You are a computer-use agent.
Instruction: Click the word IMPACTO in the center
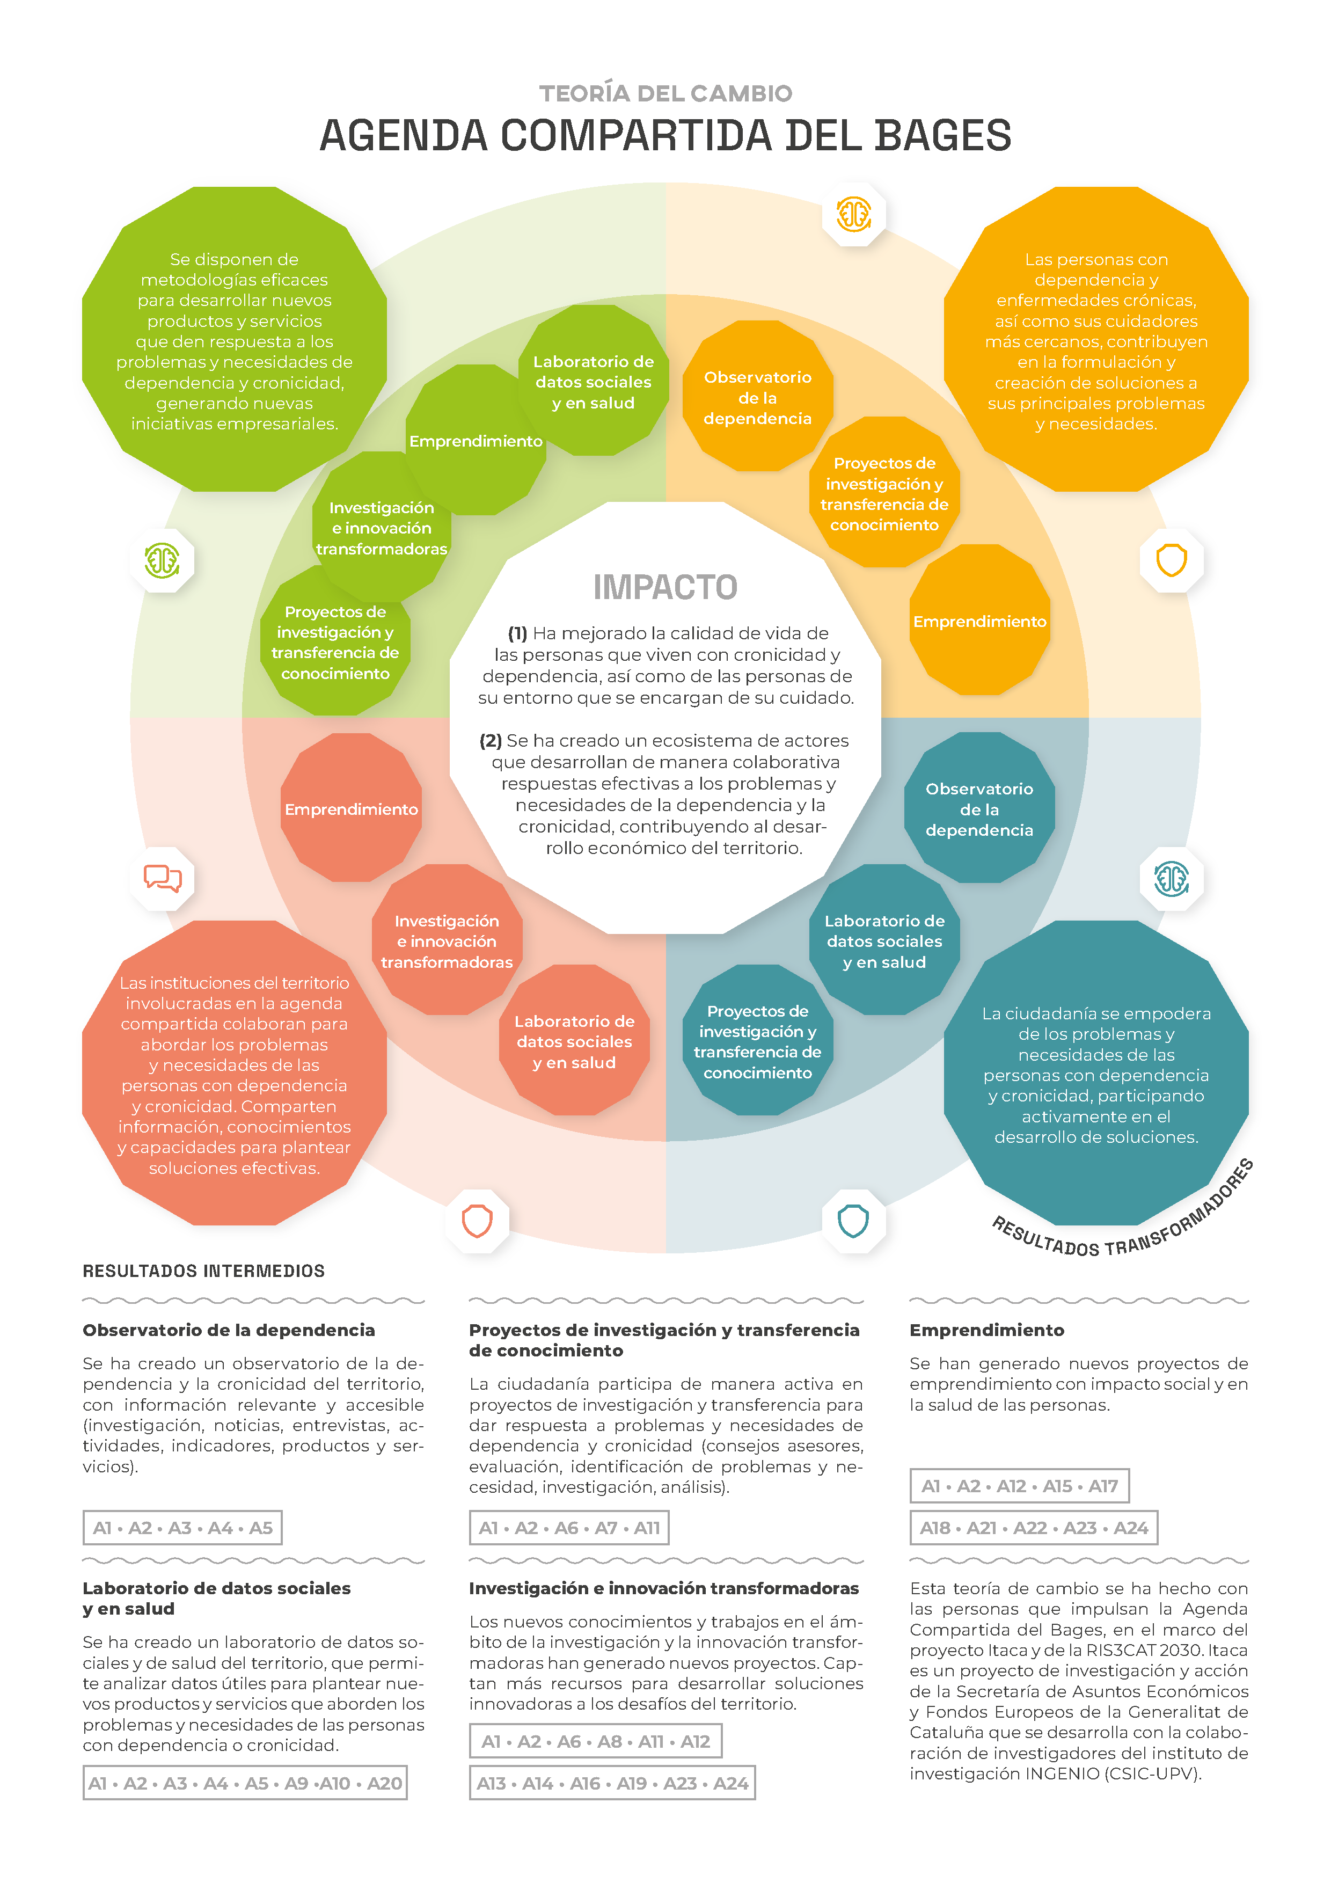(x=665, y=587)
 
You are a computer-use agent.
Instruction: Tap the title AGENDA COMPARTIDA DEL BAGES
(x=665, y=135)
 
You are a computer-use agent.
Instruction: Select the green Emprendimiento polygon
(x=476, y=440)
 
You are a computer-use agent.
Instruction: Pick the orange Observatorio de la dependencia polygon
(x=757, y=397)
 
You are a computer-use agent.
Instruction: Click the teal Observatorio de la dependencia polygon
(x=978, y=808)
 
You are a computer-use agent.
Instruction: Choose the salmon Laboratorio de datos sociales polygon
(x=574, y=1041)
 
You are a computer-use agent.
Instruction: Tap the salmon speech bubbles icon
(x=163, y=878)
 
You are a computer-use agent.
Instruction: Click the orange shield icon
(x=1171, y=561)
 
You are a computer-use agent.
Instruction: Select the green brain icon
(x=163, y=561)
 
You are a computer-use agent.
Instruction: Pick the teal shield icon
(x=853, y=1221)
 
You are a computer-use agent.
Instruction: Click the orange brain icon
(x=853, y=215)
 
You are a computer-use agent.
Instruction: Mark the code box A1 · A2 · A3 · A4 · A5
(x=182, y=1528)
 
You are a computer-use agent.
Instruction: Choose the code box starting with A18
(x=1033, y=1528)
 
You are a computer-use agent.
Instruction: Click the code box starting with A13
(x=612, y=1783)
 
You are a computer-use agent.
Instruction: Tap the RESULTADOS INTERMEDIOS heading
(x=203, y=1271)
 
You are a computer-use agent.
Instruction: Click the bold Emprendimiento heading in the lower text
(x=986, y=1330)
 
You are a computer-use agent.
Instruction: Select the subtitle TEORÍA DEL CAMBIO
(x=665, y=93)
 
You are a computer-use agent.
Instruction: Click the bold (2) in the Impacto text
(x=491, y=741)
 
